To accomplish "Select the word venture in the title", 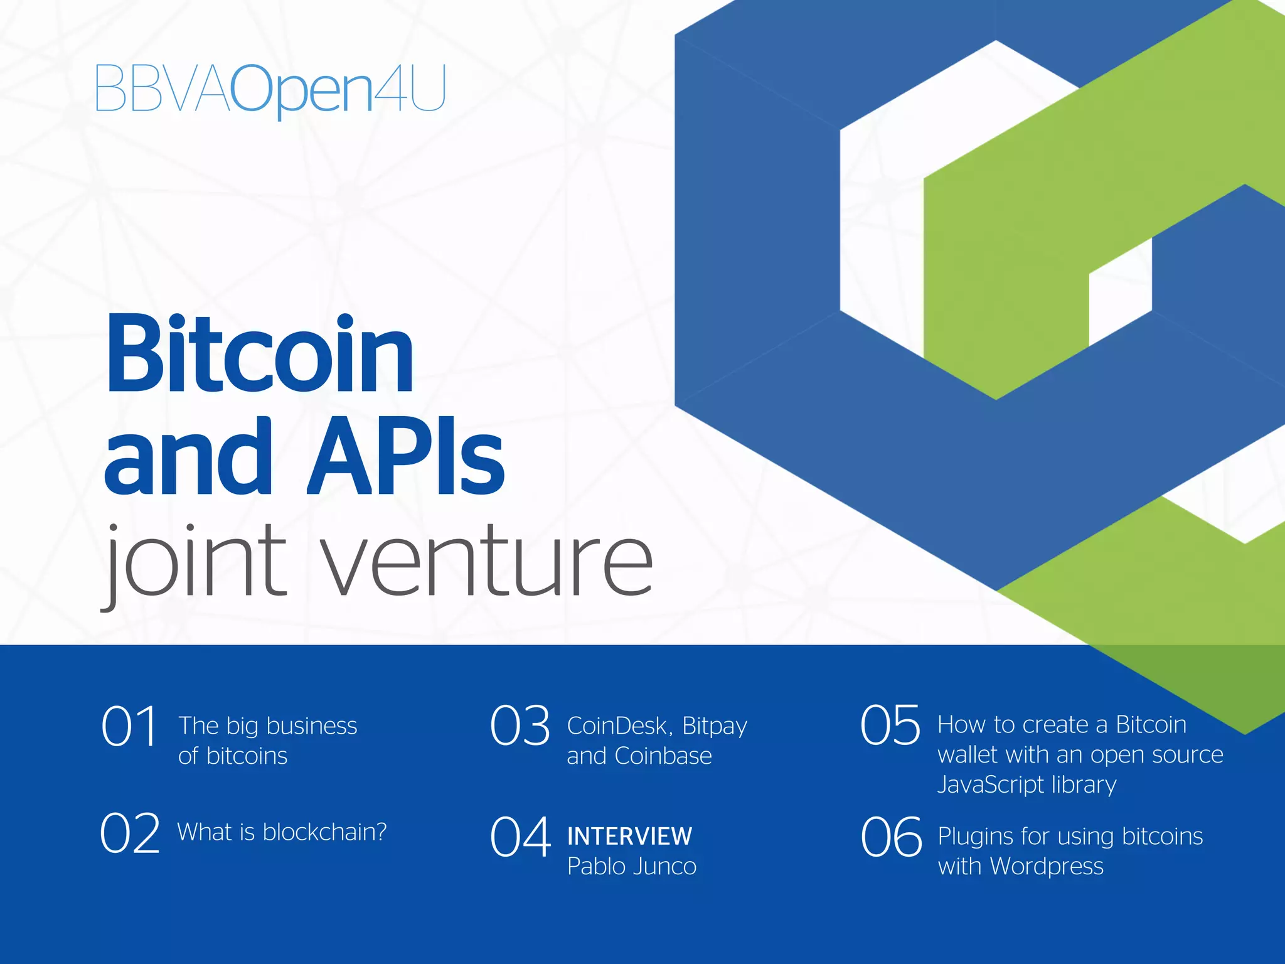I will click(489, 560).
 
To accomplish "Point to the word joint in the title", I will click(195, 560).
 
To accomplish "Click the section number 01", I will click(129, 726).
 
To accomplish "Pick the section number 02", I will click(130, 833).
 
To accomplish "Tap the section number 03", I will click(520, 726).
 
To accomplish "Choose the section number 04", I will click(520, 837).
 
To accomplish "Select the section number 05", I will click(890, 726).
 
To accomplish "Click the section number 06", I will click(891, 837).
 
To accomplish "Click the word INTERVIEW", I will click(629, 837).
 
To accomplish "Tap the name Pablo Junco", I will click(632, 867).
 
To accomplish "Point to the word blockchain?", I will click(324, 832).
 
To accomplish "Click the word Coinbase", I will click(663, 756).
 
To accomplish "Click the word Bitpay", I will click(715, 727).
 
